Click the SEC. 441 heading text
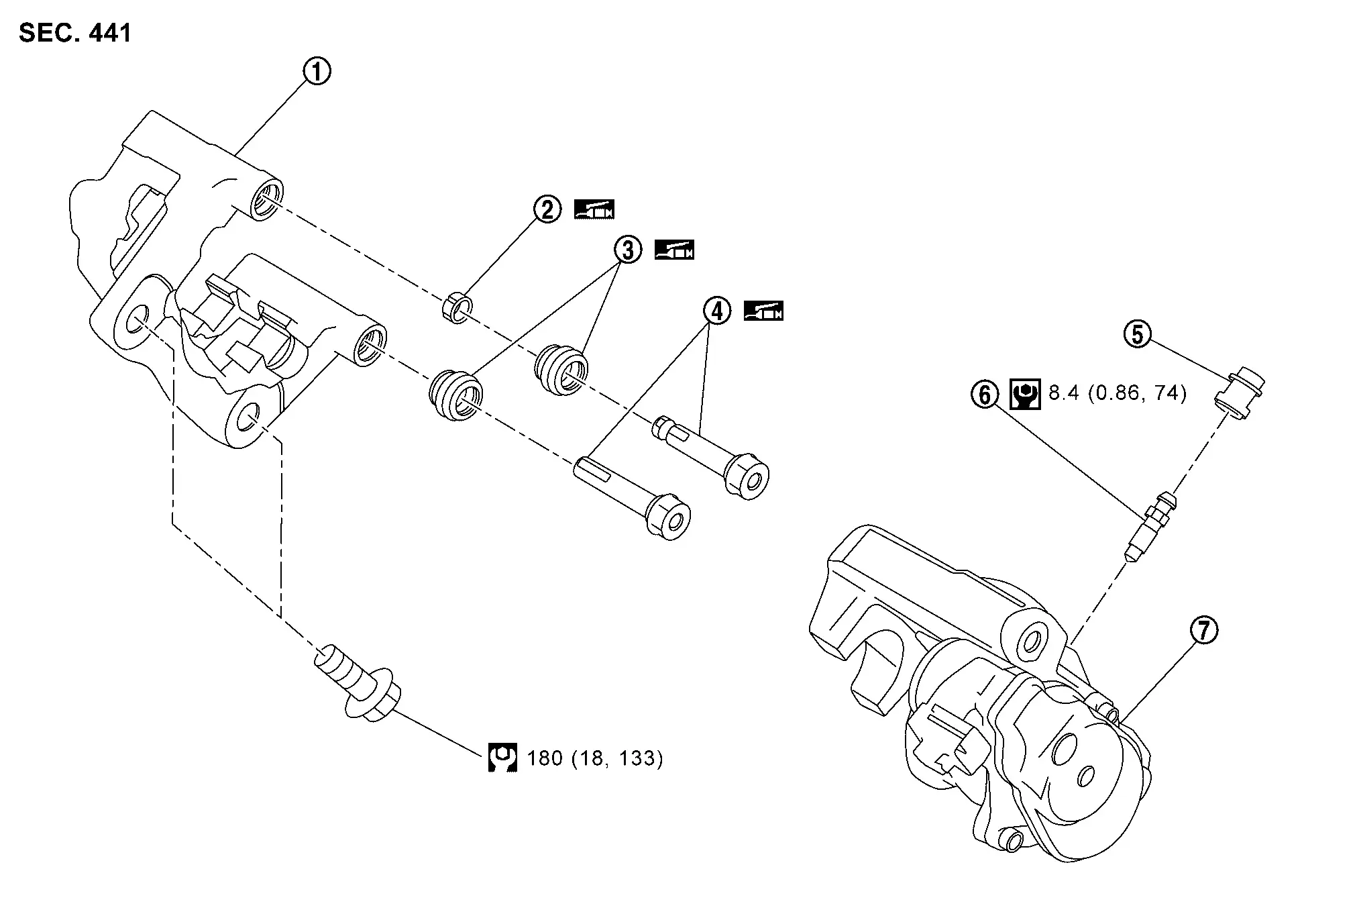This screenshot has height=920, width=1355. click(75, 32)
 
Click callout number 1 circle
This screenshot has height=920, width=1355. click(317, 71)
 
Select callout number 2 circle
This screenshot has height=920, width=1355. click(547, 209)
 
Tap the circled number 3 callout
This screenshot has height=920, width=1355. click(627, 250)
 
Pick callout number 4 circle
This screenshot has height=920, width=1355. click(716, 311)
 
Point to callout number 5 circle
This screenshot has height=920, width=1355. click(1138, 334)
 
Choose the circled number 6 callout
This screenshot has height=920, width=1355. click(985, 394)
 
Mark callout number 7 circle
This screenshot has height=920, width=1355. click(1204, 631)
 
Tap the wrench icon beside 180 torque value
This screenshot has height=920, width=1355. click(502, 758)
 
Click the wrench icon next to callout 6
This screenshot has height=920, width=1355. click(1025, 394)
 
